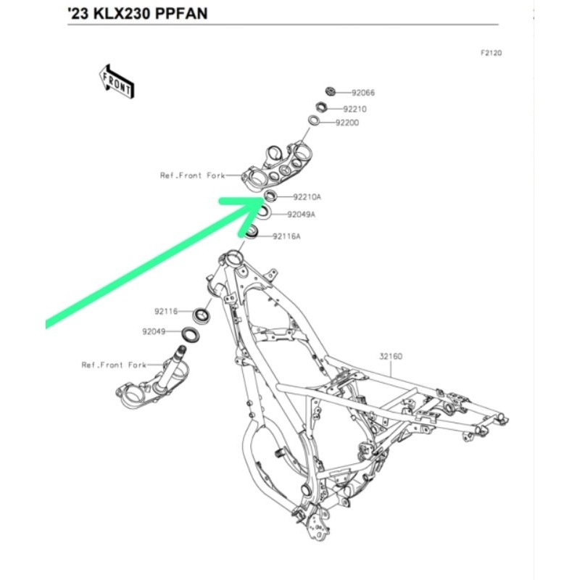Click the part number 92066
[363, 93]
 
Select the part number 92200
[347, 123]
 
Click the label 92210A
[307, 196]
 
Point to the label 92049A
[301, 215]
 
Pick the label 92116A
[286, 236]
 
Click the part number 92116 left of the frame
[165, 311]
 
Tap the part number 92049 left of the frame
[154, 332]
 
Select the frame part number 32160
[391, 356]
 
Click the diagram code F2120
[491, 53]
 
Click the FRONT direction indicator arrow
[116, 80]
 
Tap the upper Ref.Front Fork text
[192, 175]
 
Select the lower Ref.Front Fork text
[114, 365]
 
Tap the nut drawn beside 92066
[331, 91]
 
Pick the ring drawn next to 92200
[315, 120]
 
